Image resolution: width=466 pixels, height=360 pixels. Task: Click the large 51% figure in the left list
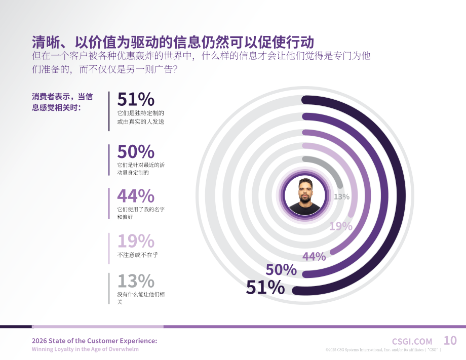[x=136, y=99]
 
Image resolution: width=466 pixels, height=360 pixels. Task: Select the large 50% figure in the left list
[x=136, y=152]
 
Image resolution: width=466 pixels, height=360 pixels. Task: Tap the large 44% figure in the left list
[x=136, y=196]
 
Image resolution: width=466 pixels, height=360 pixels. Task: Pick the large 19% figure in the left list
[x=136, y=241]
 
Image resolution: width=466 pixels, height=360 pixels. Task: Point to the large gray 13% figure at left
[x=136, y=281]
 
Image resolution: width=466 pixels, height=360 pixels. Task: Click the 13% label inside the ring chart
[x=341, y=196]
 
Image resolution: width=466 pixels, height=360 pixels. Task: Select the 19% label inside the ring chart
[x=341, y=226]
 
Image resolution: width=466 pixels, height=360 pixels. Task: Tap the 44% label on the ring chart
[x=314, y=256]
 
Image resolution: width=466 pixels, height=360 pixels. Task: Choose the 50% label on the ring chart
[x=281, y=270]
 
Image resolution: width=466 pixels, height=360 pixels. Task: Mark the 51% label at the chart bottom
[x=265, y=287]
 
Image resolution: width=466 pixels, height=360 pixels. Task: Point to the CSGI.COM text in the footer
[x=412, y=342]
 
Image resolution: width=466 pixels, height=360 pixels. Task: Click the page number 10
[x=450, y=340]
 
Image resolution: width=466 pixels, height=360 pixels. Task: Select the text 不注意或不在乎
[x=138, y=255]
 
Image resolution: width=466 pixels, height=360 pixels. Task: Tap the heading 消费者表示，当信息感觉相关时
[x=62, y=102]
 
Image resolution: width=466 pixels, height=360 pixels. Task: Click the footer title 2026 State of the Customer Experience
[x=95, y=341]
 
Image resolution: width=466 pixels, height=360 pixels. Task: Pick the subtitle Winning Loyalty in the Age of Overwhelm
[x=85, y=349]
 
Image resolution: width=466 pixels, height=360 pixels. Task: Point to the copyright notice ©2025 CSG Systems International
[x=383, y=350]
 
